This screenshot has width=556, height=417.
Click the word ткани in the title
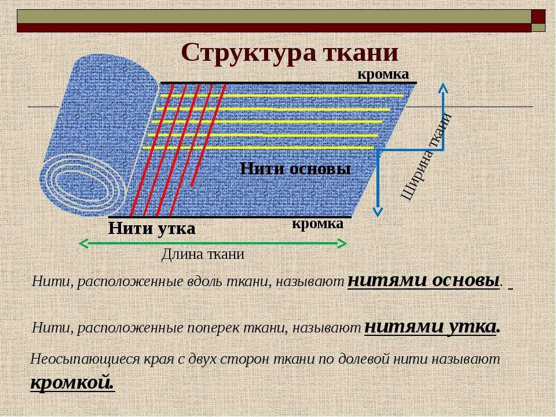(x=361, y=53)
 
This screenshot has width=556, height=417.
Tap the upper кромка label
(x=383, y=75)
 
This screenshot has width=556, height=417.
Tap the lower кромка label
(x=318, y=224)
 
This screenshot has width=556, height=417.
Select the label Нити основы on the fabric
(x=295, y=169)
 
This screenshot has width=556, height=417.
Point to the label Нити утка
(x=152, y=228)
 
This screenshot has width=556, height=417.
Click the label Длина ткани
(x=203, y=254)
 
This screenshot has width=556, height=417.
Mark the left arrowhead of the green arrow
(x=83, y=244)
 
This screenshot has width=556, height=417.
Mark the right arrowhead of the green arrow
(x=342, y=244)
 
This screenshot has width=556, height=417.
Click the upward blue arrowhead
(x=442, y=87)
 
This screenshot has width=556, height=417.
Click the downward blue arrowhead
(x=378, y=211)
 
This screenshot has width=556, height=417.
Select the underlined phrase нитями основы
(x=423, y=280)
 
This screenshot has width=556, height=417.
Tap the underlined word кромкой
(x=73, y=383)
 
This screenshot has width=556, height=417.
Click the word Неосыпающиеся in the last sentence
(x=85, y=360)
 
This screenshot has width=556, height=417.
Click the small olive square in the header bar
(x=538, y=28)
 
